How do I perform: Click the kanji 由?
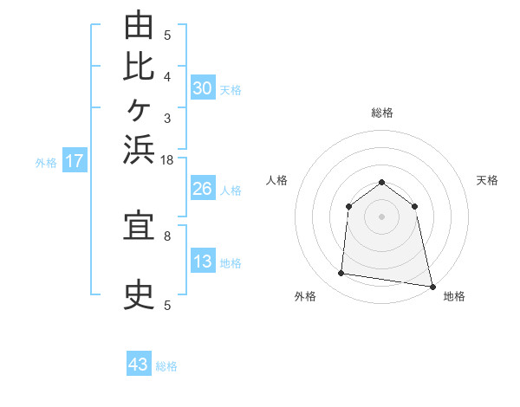coord(139,24)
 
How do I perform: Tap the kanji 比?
coord(139,68)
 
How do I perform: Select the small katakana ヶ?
coord(139,110)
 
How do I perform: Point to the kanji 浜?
coord(139,150)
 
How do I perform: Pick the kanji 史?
coord(139,294)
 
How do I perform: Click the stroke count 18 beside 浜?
coord(166,160)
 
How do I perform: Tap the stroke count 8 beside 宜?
coord(167,236)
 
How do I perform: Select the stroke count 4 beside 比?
coord(167,77)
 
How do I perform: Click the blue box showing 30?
coord(203,87)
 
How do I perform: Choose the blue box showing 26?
coord(203,188)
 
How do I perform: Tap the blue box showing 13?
coord(203,260)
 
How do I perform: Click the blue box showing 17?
coord(75,159)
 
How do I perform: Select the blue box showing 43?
coord(139,363)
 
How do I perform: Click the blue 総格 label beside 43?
coord(166,366)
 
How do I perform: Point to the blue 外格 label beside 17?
coord(46,163)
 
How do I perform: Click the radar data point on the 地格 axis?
coord(432,287)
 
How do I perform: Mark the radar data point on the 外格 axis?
coord(341,273)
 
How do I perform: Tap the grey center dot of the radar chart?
coord(381,216)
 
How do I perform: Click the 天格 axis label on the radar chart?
coord(487,180)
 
